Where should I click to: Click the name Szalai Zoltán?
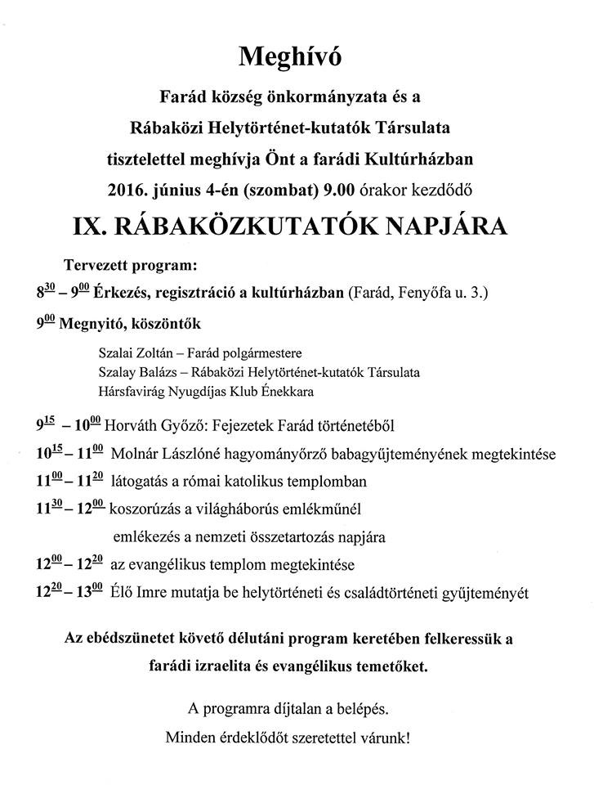[x=133, y=353]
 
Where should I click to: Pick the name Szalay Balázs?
[x=134, y=372]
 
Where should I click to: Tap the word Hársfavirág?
[x=130, y=391]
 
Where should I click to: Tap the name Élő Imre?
[x=142, y=591]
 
